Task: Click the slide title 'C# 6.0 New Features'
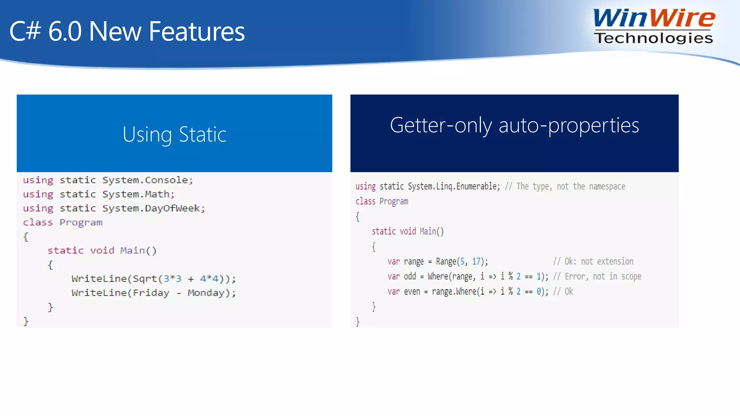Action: pyautogui.click(x=127, y=31)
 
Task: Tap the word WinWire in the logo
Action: pyautogui.click(x=654, y=18)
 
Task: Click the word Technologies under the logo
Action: pyautogui.click(x=653, y=38)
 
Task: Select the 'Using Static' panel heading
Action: pyautogui.click(x=174, y=134)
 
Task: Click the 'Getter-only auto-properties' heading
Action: pyautogui.click(x=514, y=125)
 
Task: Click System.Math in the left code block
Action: pyautogui.click(x=138, y=194)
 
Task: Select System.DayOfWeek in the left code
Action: pyautogui.click(x=153, y=208)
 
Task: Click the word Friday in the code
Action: pyautogui.click(x=151, y=293)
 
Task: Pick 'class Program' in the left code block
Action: pyautogui.click(x=63, y=222)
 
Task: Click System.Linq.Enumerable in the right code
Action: pyautogui.click(x=453, y=186)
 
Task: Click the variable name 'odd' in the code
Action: pyautogui.click(x=410, y=277)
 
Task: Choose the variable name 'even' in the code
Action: pyautogui.click(x=412, y=291)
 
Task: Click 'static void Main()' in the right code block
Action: pyautogui.click(x=408, y=231)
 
